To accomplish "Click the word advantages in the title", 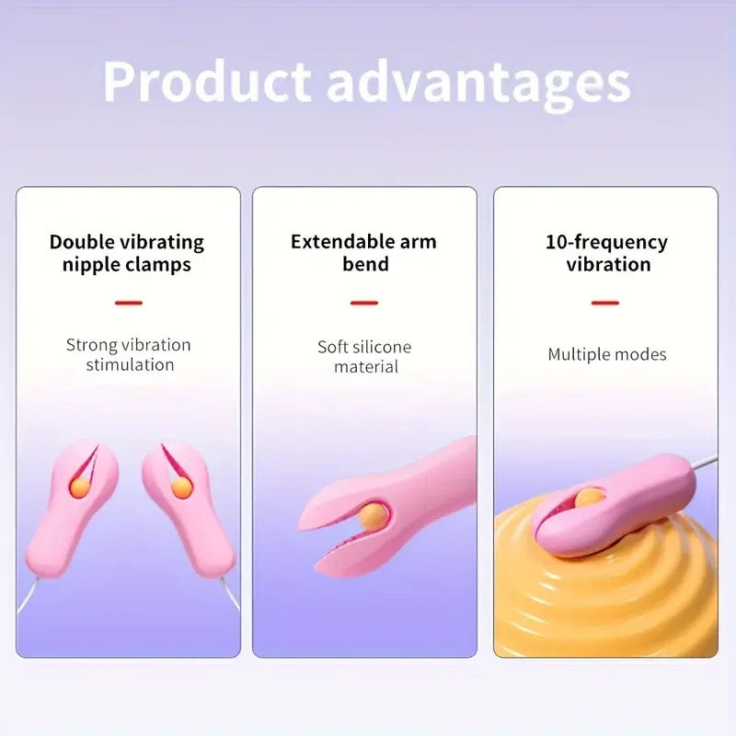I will pos(477,83).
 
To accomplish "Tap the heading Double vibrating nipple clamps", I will pos(127,253).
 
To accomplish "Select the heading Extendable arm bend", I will pos(363,253).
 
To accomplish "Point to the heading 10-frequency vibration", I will pos(606,253).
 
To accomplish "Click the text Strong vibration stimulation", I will pos(129,354).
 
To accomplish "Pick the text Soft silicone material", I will pos(364,356).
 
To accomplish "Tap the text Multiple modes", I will pos(606,354).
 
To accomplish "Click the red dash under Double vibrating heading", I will pos(129,302).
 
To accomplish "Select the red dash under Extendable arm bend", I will pos(364,302).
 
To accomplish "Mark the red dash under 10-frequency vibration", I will pos(605,302).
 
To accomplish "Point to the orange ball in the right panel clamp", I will pos(590,497).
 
